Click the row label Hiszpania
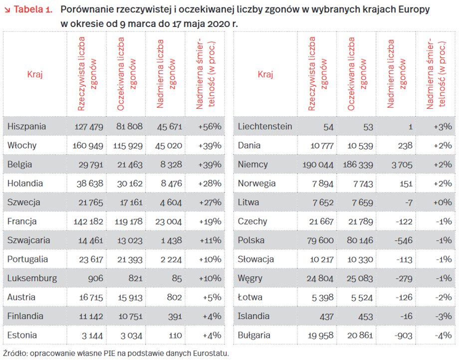(26, 126)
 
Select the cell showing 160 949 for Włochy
(88, 146)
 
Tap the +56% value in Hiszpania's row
(210, 126)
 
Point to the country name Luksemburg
(32, 278)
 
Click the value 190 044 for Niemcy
(318, 165)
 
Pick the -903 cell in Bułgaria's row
(404, 336)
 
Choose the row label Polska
(251, 240)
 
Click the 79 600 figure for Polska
(320, 241)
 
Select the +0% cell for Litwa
(443, 202)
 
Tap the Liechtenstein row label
(265, 126)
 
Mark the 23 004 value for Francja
(169, 222)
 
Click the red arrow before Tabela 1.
(7, 10)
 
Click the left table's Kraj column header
(35, 74)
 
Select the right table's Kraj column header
(265, 74)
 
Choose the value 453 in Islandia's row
(366, 317)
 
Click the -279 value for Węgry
(404, 278)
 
